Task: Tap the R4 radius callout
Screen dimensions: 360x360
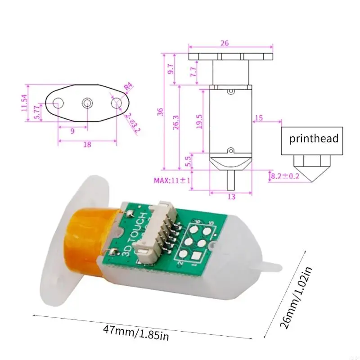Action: [x=128, y=85]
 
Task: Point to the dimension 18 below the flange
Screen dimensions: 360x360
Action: [x=87, y=144]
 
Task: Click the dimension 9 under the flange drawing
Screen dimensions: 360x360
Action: [x=72, y=131]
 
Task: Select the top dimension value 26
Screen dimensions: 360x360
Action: [x=225, y=43]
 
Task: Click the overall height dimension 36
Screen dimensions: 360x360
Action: [x=160, y=112]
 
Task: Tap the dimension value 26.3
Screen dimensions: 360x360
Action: [x=175, y=121]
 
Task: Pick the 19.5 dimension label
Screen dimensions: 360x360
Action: [x=199, y=121]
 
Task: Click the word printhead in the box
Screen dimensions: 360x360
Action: [x=314, y=139]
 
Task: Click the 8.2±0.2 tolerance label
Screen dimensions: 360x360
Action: [x=287, y=176]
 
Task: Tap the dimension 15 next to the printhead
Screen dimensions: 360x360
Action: [x=259, y=118]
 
